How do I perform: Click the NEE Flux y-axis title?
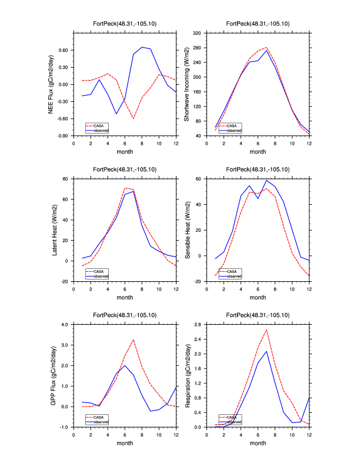pyautogui.click(x=52, y=84)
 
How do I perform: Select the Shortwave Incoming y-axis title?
pyautogui.click(x=186, y=84)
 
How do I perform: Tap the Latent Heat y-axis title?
pyautogui.click(x=55, y=230)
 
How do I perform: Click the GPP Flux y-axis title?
pyautogui.click(x=52, y=375)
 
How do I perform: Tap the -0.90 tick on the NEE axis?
pyautogui.click(x=62, y=136)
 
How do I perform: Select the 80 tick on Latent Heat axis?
pyautogui.click(x=66, y=178)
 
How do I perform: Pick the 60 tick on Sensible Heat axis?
pyautogui.click(x=199, y=178)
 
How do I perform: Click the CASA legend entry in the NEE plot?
pyautogui.click(x=99, y=125)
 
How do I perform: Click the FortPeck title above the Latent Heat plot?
pyautogui.click(x=125, y=169)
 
